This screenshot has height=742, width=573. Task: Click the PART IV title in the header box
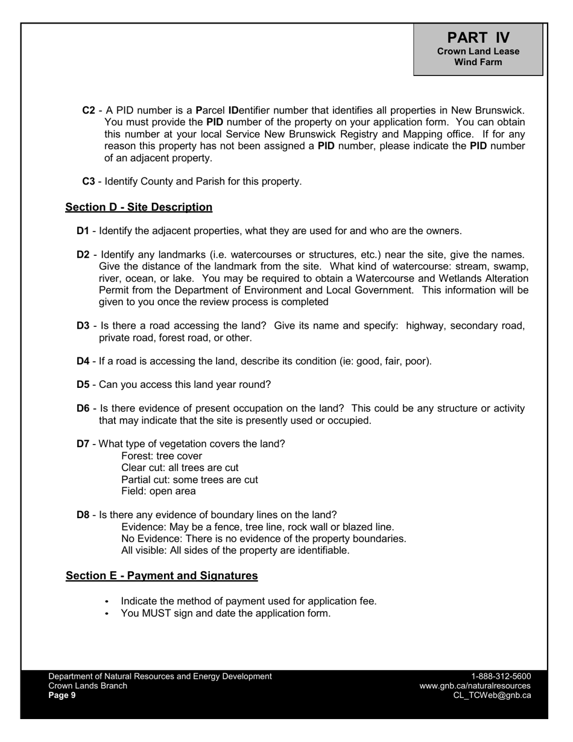(478, 37)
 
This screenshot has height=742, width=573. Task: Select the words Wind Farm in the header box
(478, 62)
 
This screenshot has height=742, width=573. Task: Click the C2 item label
(89, 110)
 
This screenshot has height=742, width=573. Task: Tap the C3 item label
(89, 181)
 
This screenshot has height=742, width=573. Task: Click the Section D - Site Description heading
(139, 207)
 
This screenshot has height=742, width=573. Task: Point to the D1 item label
(83, 230)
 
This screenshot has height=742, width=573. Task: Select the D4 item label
(83, 361)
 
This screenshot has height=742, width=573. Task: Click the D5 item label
(83, 384)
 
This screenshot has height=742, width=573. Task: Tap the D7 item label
(83, 444)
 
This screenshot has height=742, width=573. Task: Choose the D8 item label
(83, 515)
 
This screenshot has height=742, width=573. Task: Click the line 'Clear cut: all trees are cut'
(180, 468)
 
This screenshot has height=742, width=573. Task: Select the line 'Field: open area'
(159, 491)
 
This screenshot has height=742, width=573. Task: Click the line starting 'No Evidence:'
(264, 538)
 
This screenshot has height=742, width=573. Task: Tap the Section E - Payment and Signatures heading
(162, 576)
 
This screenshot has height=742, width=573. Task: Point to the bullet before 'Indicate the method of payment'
(107, 601)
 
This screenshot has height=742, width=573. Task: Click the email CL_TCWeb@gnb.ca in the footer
(492, 695)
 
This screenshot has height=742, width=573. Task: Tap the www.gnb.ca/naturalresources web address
(475, 686)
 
